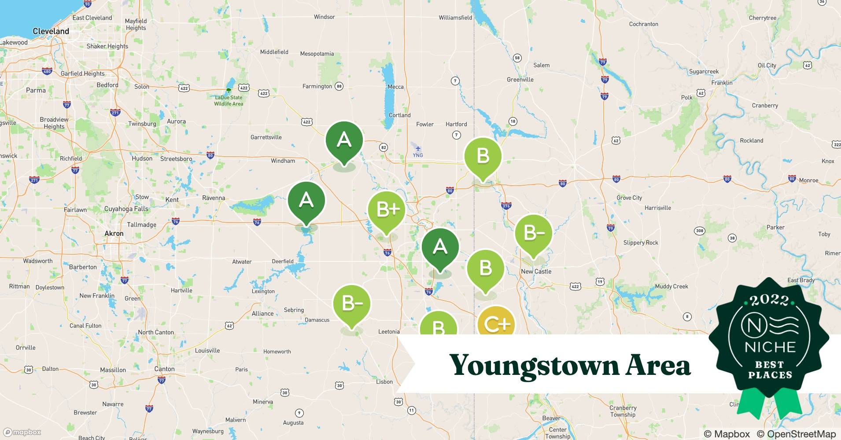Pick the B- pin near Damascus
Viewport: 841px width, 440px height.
point(351,304)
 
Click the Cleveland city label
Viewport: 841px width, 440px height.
point(51,31)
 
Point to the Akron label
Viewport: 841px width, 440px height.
point(114,234)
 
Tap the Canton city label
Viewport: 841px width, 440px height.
point(164,369)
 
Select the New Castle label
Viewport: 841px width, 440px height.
point(536,271)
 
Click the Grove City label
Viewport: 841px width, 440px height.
point(629,198)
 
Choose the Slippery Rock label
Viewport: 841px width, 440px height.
point(641,243)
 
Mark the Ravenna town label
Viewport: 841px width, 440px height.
point(214,198)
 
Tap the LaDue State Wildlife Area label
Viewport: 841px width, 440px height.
point(229,101)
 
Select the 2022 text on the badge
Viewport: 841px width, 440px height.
point(770,301)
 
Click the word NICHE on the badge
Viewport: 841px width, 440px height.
point(770,347)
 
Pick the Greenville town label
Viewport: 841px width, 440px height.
point(520,80)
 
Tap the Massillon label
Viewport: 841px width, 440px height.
point(113,370)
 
